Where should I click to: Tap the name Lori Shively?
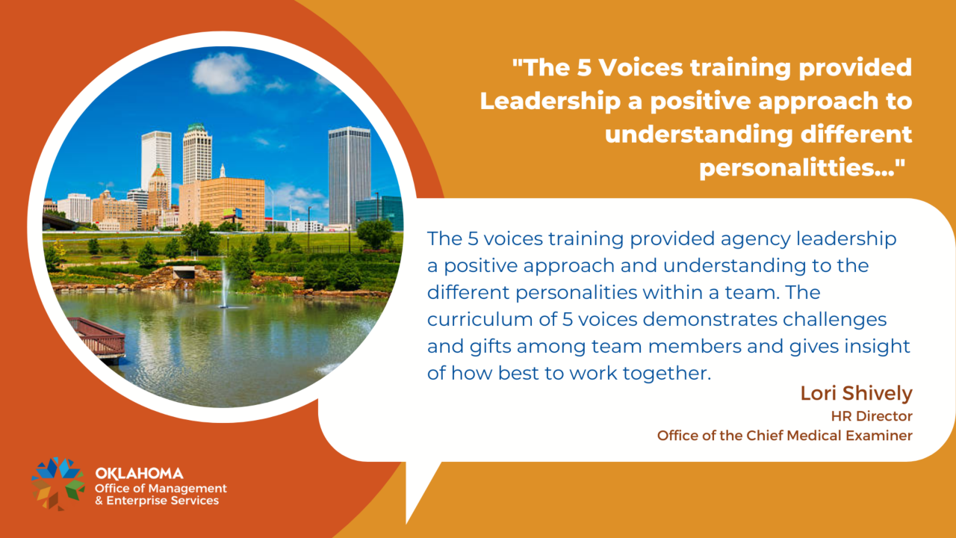coord(856,393)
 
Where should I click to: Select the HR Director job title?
coord(872,415)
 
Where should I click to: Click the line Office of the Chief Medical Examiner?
coord(784,435)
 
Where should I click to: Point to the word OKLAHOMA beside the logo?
coord(139,473)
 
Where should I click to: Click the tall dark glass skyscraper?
coord(349,176)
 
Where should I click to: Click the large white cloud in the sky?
coord(223,72)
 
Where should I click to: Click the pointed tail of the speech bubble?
coord(418,493)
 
